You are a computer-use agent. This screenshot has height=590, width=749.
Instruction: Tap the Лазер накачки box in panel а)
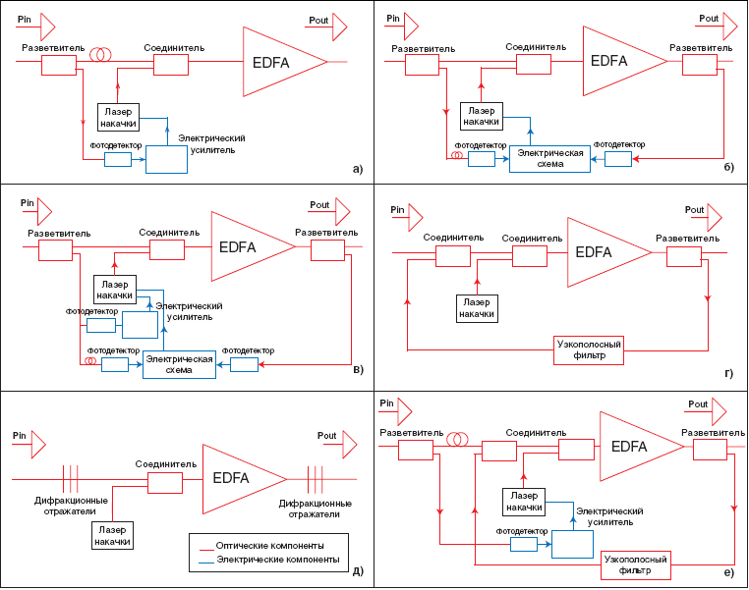click(x=119, y=117)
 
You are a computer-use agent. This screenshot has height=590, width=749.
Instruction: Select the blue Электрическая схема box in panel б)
click(x=549, y=158)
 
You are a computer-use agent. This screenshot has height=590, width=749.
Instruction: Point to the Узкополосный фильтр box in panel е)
click(x=635, y=564)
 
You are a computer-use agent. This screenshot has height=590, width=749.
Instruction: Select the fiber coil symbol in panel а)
click(x=99, y=56)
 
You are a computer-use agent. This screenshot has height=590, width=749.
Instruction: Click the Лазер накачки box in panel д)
click(x=113, y=535)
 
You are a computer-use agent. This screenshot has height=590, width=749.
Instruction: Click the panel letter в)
click(x=357, y=370)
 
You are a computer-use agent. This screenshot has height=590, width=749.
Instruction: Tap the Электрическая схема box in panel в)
click(x=179, y=363)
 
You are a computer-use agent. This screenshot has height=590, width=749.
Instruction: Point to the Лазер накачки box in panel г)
click(x=477, y=307)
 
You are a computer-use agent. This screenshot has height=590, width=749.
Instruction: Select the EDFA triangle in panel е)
click(x=635, y=447)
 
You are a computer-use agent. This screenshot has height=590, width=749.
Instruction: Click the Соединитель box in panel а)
click(x=170, y=64)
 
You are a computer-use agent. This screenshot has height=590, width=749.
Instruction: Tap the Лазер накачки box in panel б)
click(x=480, y=116)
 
